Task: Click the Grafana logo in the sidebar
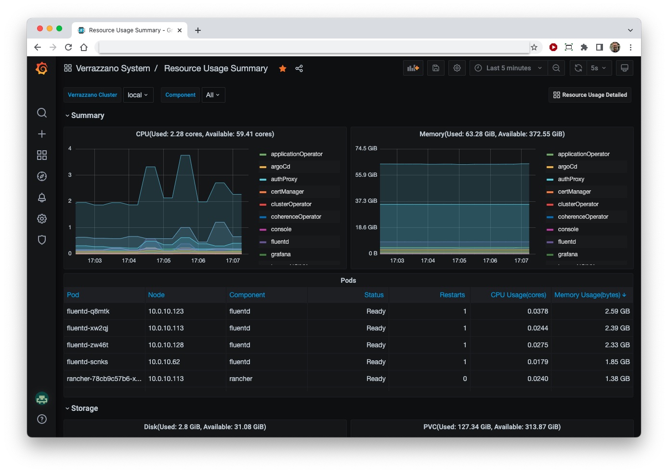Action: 42,68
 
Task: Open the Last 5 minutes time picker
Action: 508,68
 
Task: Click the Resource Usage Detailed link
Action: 590,95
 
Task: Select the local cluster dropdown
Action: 138,95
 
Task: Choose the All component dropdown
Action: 212,95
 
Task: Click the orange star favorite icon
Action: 283,68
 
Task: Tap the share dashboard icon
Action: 299,68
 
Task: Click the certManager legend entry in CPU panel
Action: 287,192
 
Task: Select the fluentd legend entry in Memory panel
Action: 566,242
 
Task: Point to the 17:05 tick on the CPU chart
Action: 164,261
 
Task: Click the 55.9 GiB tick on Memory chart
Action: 366,175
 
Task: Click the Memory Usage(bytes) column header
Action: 587,295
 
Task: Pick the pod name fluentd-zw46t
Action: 88,345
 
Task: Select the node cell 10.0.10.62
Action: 164,362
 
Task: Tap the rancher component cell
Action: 241,379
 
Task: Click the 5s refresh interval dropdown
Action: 598,68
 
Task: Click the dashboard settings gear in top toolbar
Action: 457,68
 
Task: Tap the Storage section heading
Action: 84,408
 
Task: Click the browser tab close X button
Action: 180,30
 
